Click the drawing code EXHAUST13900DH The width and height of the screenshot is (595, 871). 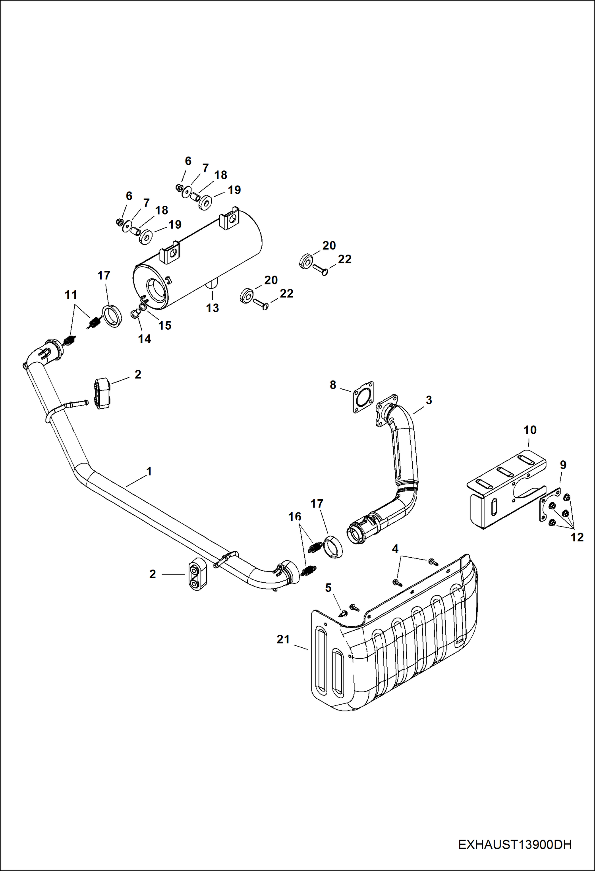515,845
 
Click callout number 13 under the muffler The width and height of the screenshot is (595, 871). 212,308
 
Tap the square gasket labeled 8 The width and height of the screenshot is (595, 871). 362,397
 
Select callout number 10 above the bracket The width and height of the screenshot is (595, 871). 530,430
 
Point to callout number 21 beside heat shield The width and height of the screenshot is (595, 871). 283,639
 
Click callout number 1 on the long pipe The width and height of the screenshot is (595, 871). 149,471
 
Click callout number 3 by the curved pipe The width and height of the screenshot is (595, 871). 429,400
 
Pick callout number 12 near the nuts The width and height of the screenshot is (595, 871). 577,537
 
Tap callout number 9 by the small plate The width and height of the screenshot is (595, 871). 563,465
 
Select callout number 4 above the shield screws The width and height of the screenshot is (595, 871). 395,548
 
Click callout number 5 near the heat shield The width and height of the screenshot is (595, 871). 328,587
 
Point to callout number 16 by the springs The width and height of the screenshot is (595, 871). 295,517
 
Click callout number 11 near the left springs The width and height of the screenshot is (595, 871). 71,295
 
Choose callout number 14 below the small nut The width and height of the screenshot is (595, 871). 145,339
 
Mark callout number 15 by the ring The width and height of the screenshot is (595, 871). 165,325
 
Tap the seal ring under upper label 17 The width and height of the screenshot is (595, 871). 112,316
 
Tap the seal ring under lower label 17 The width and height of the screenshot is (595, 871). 333,547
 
